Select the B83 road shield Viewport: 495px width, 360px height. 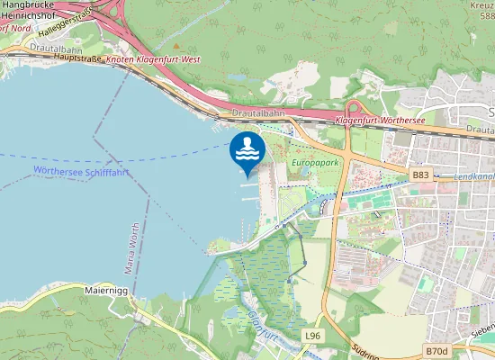coord(421,175)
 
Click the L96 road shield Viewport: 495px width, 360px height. coord(312,336)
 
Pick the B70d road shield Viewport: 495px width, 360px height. coord(436,350)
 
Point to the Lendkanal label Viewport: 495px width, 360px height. coord(474,177)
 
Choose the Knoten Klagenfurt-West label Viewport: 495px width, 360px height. coord(152,58)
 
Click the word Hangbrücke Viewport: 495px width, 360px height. coord(29,4)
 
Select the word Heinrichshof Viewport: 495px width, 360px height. coord(30,16)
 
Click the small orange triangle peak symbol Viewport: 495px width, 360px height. coord(176,45)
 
